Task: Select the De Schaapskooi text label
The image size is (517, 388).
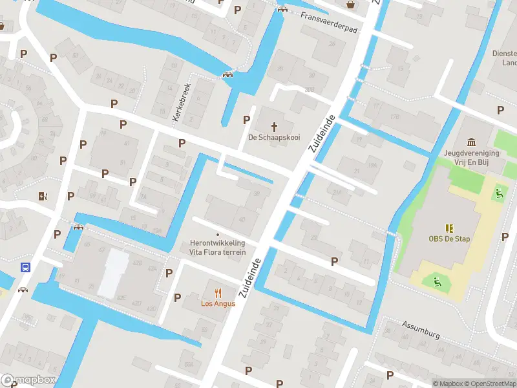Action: click(274, 137)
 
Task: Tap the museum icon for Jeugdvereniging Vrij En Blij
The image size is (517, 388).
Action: click(470, 142)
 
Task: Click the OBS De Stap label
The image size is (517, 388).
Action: click(448, 239)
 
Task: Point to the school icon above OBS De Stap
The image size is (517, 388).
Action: click(448, 228)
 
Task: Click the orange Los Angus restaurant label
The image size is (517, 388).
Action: click(218, 303)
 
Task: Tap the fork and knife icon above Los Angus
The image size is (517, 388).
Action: click(218, 292)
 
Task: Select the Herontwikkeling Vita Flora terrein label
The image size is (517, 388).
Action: click(217, 247)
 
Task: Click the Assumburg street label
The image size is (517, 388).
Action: click(420, 331)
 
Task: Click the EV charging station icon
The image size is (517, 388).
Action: click(43, 196)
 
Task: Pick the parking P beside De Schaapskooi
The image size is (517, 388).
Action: click(246, 120)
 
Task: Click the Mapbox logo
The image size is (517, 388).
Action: click(28, 380)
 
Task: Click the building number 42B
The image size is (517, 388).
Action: click(137, 263)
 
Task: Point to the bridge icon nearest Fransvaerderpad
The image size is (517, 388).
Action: click(282, 8)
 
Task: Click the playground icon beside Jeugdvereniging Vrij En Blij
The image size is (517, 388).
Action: click(498, 192)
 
